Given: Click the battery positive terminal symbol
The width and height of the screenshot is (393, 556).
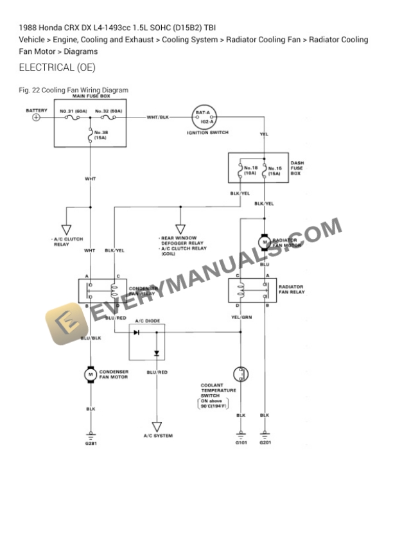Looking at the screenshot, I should pyautogui.click(x=37, y=117).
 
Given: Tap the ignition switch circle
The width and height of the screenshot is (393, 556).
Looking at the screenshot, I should pyautogui.click(x=202, y=117).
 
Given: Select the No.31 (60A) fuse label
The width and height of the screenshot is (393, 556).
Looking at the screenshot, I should pyautogui.click(x=73, y=111).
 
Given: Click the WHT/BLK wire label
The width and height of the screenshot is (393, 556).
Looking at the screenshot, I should pyautogui.click(x=157, y=117).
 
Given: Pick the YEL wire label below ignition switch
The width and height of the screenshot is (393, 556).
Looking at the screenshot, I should pyautogui.click(x=264, y=135).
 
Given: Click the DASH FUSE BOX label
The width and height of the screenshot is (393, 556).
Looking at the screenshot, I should pyautogui.click(x=296, y=168).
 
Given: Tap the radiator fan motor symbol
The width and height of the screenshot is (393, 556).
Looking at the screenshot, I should pyautogui.click(x=264, y=241).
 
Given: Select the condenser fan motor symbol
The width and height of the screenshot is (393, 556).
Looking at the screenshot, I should pyautogui.click(x=91, y=373).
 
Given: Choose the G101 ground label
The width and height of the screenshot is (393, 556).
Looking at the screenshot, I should pyautogui.click(x=241, y=442).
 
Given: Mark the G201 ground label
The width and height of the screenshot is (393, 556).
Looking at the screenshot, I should pyautogui.click(x=265, y=442).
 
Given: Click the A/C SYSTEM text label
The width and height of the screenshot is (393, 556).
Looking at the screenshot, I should pyautogui.click(x=157, y=436).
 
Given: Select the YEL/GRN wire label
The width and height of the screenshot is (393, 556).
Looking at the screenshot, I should pyautogui.click(x=241, y=317).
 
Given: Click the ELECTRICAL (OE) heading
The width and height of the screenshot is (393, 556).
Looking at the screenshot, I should pyautogui.click(x=57, y=67).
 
